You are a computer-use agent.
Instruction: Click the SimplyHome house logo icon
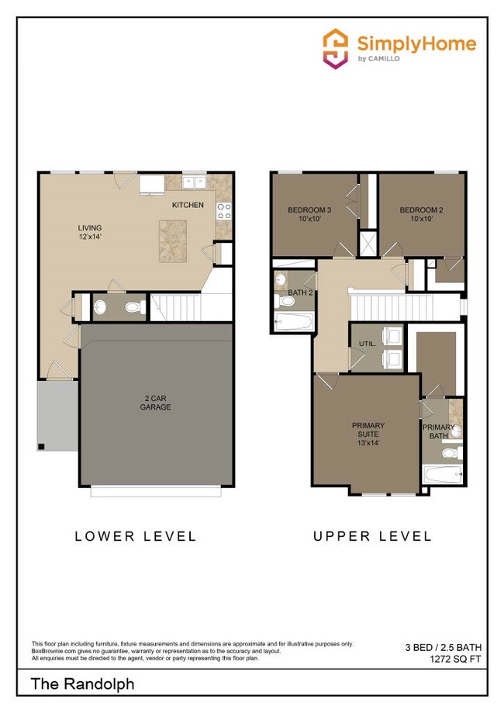pos(335,49)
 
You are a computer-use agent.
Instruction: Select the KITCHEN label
pos(188,205)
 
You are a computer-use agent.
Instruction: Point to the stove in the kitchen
pos(223,210)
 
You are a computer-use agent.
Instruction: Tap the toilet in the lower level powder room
pos(133,308)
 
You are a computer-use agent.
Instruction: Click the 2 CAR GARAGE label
pos(157,403)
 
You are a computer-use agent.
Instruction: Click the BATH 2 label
pos(299,292)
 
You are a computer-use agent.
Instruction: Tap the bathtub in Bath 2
pos(293,322)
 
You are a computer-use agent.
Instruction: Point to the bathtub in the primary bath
pos(442,472)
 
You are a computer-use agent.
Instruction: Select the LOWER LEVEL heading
pos(135,536)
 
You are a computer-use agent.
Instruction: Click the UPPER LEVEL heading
pos(372,536)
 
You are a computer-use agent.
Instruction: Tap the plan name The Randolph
pos(83,684)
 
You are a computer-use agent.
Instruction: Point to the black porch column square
pos(41,446)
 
